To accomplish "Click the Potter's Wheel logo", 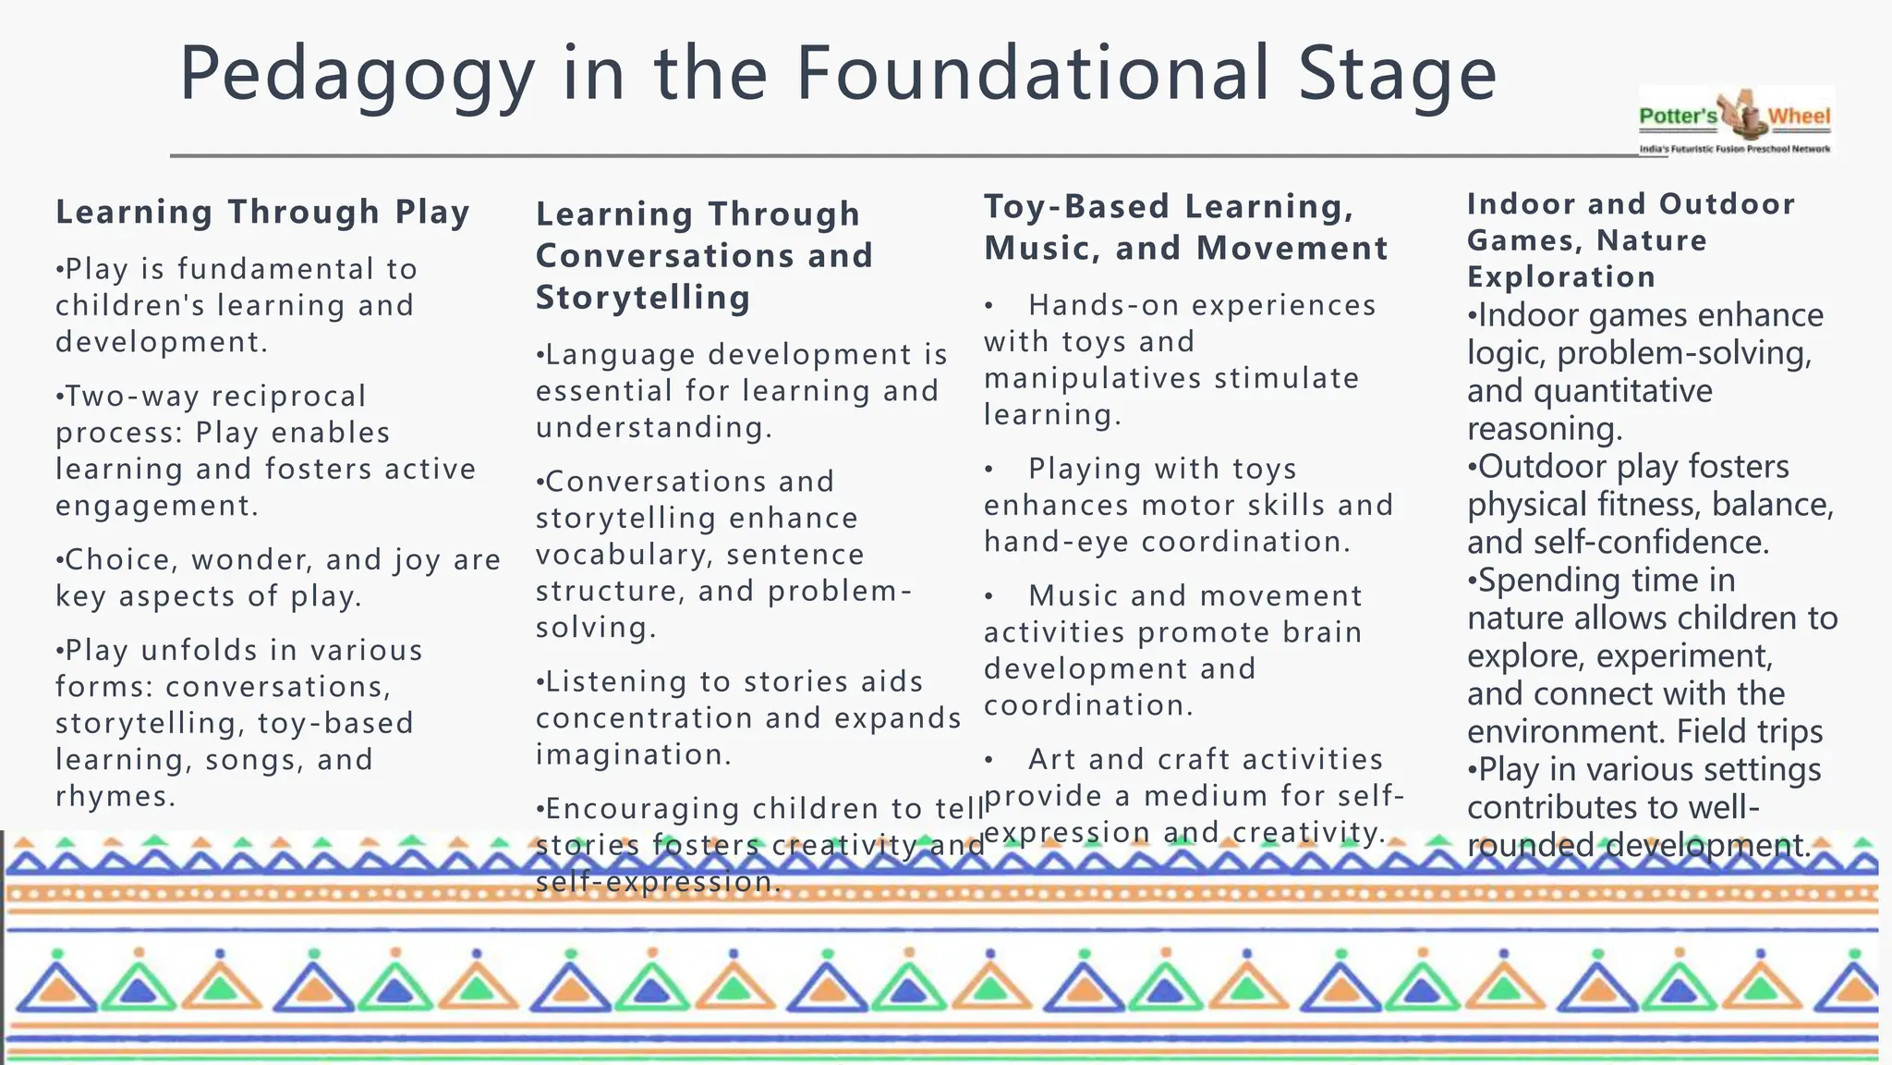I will (x=1735, y=121).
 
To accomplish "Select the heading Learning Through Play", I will (x=262, y=212).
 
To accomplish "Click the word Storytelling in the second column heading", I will (x=643, y=298).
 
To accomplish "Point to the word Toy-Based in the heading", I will (x=1077, y=206).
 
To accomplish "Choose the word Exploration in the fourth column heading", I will (x=1561, y=276).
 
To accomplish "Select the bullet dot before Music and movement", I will (x=988, y=597).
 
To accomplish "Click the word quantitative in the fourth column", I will (x=1622, y=391).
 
